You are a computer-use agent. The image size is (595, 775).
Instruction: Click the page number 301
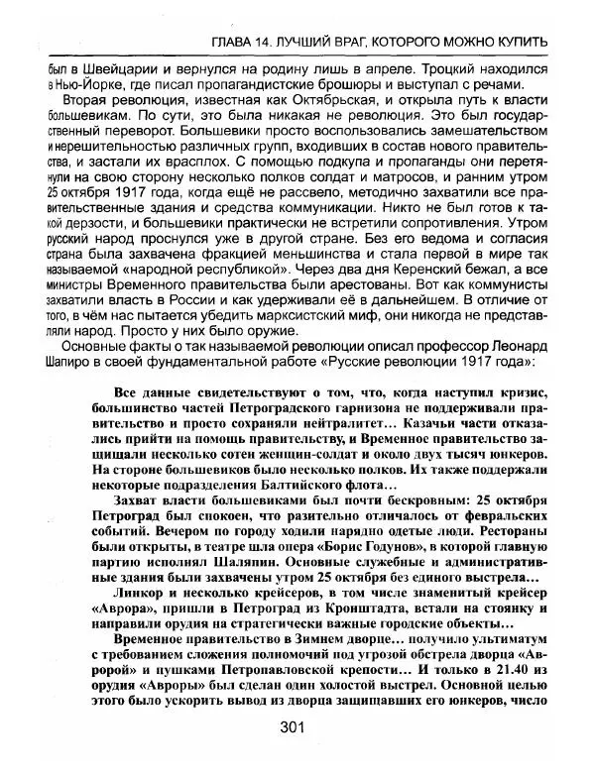pos(291,727)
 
